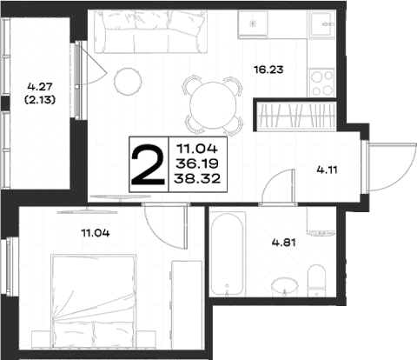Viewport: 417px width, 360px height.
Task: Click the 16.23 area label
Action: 268,70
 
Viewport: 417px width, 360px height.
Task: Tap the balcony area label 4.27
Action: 40,86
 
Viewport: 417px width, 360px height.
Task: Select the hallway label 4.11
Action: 328,170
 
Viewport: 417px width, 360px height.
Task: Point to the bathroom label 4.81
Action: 284,243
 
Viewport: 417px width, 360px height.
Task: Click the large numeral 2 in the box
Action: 148,164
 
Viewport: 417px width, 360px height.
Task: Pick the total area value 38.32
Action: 197,178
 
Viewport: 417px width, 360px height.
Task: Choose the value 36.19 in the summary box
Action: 197,163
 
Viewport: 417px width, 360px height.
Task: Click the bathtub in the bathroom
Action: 228,254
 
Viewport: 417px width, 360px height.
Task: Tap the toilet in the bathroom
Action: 316,281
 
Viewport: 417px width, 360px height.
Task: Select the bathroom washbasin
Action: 285,287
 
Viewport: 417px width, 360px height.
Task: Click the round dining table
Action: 213,106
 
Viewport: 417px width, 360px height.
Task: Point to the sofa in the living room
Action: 151,31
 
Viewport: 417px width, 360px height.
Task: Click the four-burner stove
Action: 321,83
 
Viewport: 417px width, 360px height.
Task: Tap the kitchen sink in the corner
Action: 322,24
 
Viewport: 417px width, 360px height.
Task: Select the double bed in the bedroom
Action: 93,301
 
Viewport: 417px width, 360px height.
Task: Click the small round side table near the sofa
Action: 128,81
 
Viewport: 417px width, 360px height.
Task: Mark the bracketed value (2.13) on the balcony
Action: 40,100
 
